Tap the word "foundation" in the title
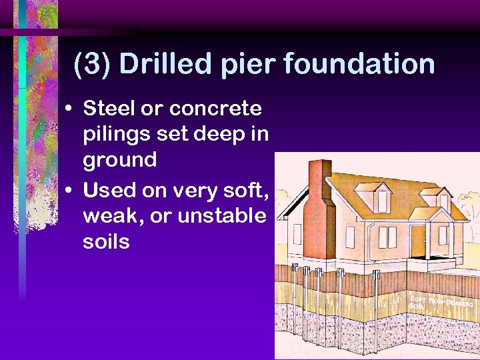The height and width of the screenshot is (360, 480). [x=360, y=65]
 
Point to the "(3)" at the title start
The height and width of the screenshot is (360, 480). [x=93, y=65]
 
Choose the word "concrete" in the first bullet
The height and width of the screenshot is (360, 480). [x=215, y=108]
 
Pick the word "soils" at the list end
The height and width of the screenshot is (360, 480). [x=106, y=242]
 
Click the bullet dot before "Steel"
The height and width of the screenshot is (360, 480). [x=70, y=109]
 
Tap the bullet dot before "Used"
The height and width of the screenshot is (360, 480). [x=70, y=192]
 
